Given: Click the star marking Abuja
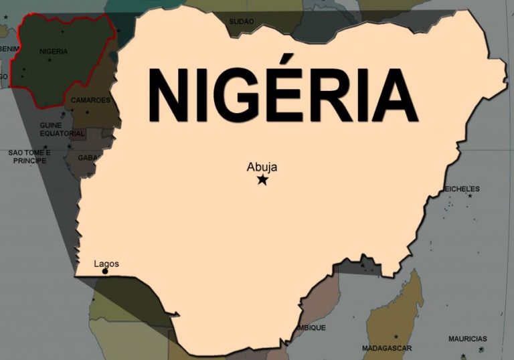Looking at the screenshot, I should [262, 179].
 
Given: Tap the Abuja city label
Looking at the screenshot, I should [262, 167].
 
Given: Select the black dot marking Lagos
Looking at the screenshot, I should [105, 271].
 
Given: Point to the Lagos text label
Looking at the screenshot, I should [106, 264].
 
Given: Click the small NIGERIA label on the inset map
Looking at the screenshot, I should [54, 52].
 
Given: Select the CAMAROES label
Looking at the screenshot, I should [90, 100].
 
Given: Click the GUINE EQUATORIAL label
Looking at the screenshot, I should [62, 129].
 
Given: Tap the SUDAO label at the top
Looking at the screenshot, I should [242, 21].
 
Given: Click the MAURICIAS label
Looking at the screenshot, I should [468, 339].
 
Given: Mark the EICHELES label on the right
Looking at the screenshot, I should [462, 189].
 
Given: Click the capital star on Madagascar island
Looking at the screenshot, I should [396, 336].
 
